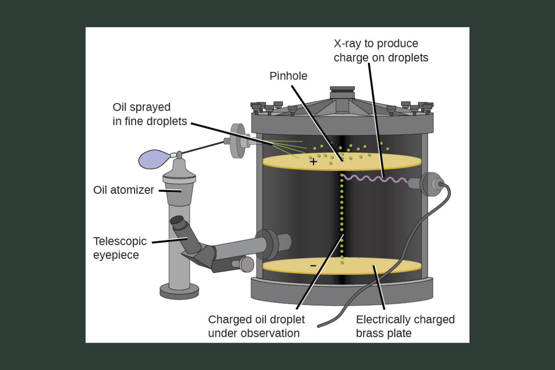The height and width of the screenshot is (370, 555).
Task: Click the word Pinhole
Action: [x=288, y=76]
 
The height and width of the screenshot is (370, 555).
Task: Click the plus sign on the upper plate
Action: [x=314, y=161]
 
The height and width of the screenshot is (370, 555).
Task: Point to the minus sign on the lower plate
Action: [x=313, y=265]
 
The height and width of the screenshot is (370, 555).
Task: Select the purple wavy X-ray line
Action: [x=375, y=178]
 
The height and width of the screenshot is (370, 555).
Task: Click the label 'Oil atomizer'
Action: [x=123, y=190]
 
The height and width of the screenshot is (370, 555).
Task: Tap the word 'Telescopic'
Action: [x=120, y=241]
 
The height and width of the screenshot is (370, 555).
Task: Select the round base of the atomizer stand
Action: [x=179, y=291]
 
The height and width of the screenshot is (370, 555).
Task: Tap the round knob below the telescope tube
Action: [x=246, y=264]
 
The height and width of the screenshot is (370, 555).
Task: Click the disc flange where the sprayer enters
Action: [x=238, y=141]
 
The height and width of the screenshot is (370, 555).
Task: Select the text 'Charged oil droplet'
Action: [x=256, y=320]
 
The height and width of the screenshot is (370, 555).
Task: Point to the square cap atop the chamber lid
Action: [x=342, y=92]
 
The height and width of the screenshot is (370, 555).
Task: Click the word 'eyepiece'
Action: [x=116, y=255]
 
